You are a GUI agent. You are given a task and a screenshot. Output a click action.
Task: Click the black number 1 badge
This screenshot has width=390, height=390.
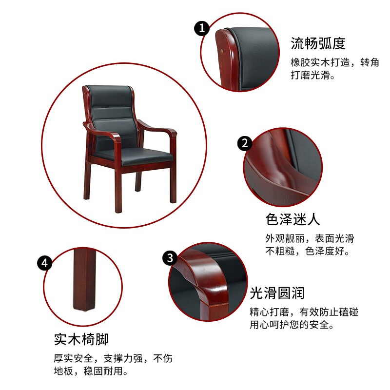coord(202,28)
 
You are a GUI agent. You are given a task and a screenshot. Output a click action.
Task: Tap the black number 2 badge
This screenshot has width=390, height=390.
coord(245,143)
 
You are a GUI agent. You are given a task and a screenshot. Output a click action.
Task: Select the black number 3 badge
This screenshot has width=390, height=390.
coord(170,258)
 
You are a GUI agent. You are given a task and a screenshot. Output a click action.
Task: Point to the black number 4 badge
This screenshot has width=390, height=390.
coord(44,263)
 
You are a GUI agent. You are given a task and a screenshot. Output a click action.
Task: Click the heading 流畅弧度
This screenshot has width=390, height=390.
coord(318,43)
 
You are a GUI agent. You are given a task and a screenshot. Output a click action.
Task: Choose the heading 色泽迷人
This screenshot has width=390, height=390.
coord(292,219)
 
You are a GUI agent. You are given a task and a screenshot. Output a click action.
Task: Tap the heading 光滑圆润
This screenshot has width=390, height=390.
coord(277,293)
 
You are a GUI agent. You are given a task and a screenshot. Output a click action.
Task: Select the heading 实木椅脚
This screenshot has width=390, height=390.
coord(81,339)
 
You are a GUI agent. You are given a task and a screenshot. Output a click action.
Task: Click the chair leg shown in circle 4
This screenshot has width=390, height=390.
coord(84,280)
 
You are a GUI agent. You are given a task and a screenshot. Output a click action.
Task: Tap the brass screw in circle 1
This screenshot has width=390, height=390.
coord(222,52)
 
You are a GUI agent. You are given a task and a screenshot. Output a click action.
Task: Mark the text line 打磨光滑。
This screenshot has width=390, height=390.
coord(313,75)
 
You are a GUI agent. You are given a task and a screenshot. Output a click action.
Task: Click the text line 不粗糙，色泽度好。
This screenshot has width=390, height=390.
coord(308,251)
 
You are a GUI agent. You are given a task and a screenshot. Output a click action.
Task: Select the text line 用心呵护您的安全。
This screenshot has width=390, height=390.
coord(292,325)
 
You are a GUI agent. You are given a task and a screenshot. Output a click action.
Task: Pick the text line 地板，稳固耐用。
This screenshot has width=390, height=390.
coord(91,371)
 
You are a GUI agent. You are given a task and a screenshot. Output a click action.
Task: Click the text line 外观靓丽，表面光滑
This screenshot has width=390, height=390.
coord(310,238)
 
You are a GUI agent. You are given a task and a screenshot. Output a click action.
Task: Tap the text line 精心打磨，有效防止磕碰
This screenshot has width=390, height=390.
coord(304,312)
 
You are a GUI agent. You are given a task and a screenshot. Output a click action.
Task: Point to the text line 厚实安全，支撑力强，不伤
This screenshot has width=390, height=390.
coord(113,358)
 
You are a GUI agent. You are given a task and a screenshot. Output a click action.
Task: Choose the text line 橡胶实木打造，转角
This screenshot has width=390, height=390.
coord(335,62)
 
